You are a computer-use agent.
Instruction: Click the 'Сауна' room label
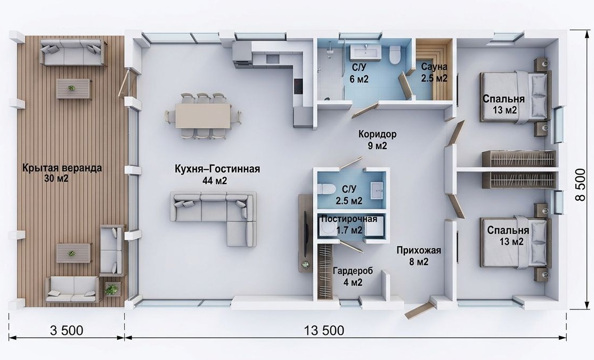(434, 67)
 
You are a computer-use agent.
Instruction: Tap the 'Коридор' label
(377, 134)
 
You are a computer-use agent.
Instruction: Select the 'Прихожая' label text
(419, 250)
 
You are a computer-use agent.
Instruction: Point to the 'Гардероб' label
(353, 271)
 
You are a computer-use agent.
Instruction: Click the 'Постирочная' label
(349, 219)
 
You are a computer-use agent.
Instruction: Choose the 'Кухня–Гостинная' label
(217, 169)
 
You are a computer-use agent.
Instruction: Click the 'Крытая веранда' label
(62, 167)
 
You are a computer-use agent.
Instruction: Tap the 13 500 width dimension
(324, 331)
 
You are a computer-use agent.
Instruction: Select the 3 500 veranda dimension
(67, 331)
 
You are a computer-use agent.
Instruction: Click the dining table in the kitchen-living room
(203, 116)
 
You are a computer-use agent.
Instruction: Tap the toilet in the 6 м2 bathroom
(395, 54)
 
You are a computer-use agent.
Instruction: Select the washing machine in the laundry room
(326, 228)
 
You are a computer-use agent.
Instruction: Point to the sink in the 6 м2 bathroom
(366, 52)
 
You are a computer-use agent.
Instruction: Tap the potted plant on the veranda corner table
(112, 290)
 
